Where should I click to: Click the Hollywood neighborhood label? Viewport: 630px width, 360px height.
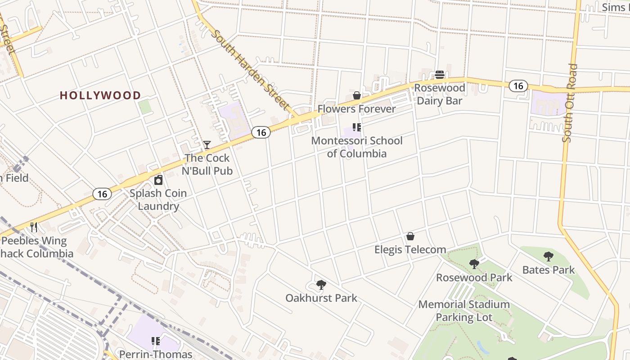click(100, 95)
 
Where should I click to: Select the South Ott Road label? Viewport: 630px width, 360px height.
click(570, 103)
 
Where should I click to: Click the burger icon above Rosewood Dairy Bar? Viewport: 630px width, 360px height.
click(440, 75)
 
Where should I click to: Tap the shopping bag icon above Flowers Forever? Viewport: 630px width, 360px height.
click(357, 95)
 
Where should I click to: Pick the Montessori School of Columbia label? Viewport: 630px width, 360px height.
click(357, 147)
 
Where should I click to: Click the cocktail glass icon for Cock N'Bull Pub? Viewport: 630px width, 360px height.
click(207, 145)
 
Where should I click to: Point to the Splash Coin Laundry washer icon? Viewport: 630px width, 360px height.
click(158, 180)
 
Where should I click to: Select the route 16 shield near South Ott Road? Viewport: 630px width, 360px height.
click(518, 86)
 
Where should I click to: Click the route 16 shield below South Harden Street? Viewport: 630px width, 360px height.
click(261, 132)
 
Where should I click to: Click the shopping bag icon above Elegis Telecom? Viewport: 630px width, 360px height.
click(410, 236)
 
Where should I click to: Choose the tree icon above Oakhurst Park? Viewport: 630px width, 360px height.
click(321, 284)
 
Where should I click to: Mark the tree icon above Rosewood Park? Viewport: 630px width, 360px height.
click(474, 264)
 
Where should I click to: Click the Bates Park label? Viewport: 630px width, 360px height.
click(549, 270)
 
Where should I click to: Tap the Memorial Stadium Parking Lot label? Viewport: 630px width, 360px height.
click(464, 311)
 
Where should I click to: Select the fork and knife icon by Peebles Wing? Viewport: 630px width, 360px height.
click(34, 227)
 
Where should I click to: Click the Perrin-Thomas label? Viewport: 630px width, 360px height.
click(155, 354)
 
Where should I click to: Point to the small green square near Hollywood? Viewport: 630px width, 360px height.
click(144, 107)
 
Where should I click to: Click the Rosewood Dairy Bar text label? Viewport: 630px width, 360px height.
click(439, 94)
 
